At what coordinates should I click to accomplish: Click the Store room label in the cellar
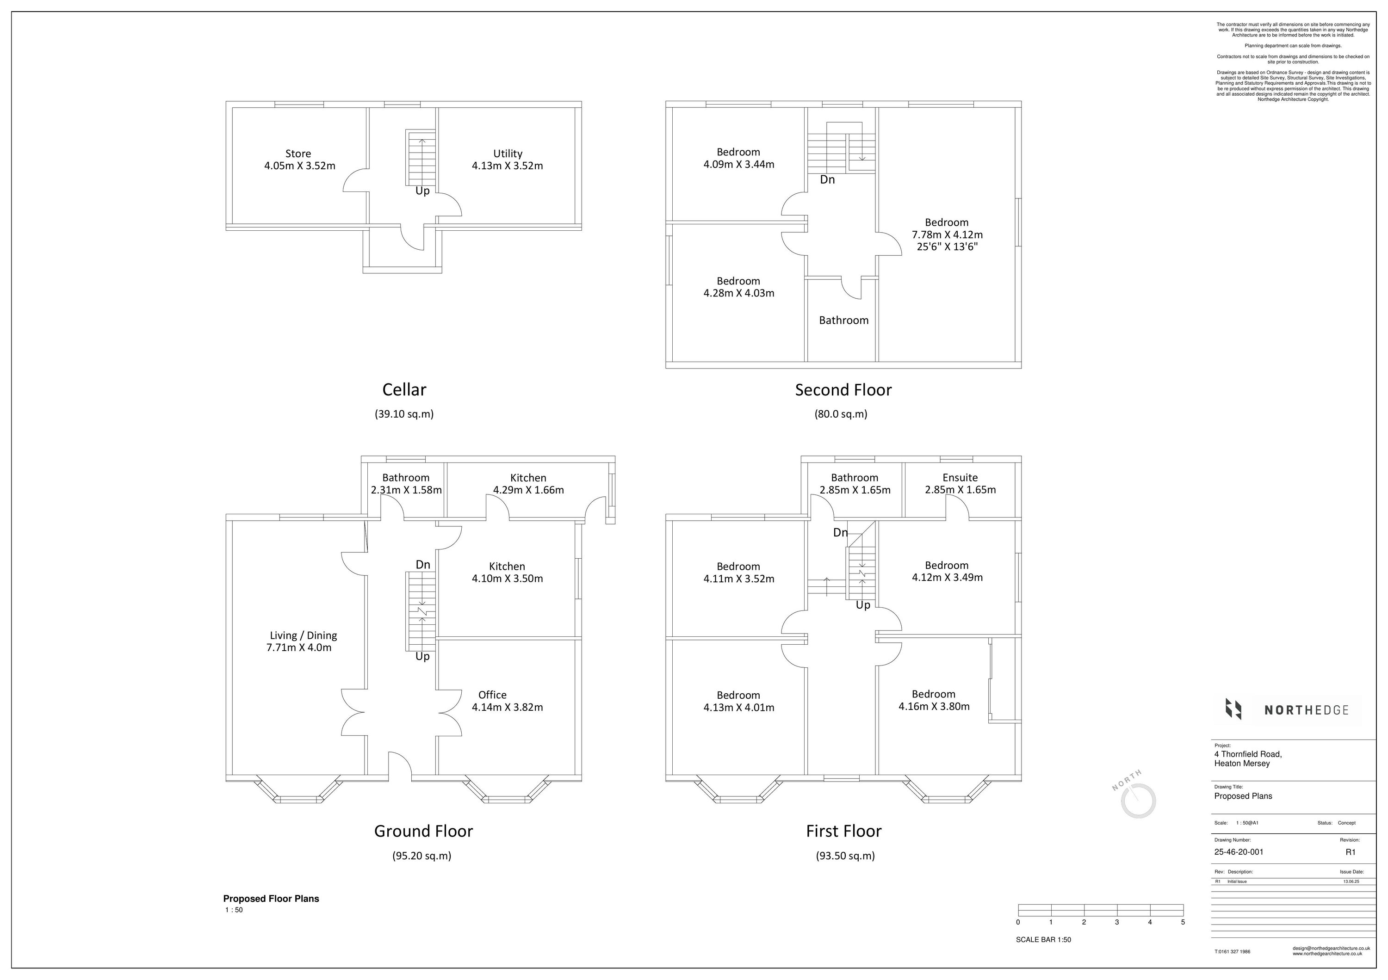[x=298, y=154]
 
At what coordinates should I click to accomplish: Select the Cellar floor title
[x=404, y=390]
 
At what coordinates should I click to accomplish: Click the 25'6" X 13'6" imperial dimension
[x=947, y=247]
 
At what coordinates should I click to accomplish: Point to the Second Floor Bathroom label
[x=843, y=320]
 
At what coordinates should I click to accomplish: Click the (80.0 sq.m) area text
[x=840, y=414]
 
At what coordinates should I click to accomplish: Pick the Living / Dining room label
[x=303, y=635]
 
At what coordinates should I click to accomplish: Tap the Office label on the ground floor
[x=492, y=695]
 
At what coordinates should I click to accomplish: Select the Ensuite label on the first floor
[x=960, y=477]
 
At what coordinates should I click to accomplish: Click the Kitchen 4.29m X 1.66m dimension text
[x=528, y=490]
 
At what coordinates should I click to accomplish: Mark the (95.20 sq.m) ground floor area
[x=421, y=856]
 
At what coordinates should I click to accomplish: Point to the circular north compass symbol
[x=1138, y=801]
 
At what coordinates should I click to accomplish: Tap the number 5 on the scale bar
[x=1183, y=922]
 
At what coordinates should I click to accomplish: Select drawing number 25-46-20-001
[x=1238, y=852]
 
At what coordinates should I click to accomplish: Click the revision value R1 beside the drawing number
[x=1350, y=852]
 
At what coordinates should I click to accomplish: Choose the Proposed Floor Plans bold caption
[x=271, y=899]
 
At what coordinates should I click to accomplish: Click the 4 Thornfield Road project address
[x=1248, y=754]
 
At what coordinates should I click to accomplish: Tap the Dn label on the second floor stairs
[x=827, y=179]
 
